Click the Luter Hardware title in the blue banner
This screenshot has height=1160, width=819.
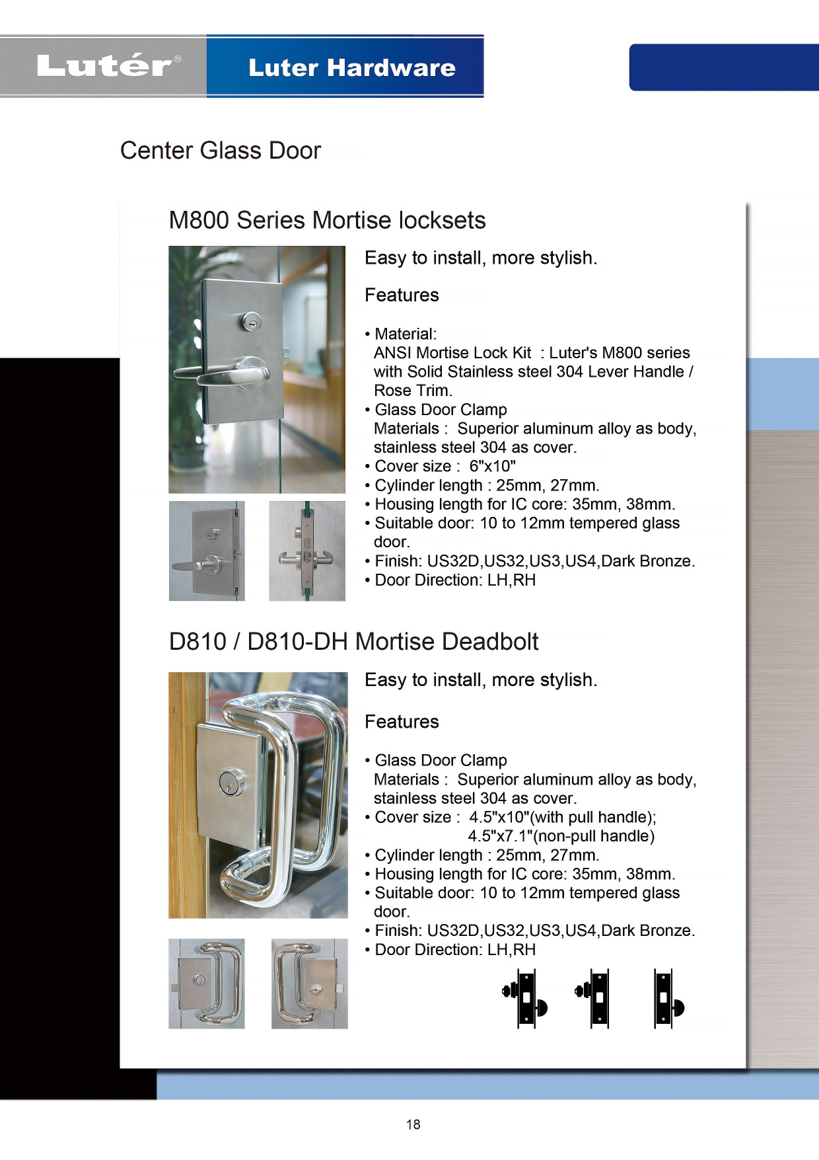351,67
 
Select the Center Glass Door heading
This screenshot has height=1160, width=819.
220,151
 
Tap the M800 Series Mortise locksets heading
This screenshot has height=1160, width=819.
327,220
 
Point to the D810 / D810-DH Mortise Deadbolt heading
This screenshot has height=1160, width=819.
353,642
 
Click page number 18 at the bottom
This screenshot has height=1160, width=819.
413,1124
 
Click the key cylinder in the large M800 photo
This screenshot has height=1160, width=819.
250,321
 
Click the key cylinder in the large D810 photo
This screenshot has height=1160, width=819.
231,783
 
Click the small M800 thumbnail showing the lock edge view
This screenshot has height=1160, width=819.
306,551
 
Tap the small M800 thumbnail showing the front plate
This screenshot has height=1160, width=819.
207,551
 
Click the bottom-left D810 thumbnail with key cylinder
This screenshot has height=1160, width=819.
206,984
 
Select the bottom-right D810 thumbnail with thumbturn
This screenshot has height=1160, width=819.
309,984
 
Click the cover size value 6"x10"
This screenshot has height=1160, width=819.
492,467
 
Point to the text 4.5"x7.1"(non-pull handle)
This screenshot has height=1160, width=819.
561,836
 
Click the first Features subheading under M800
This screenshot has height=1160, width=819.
402,295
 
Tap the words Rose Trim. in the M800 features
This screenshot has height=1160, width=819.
413,391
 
